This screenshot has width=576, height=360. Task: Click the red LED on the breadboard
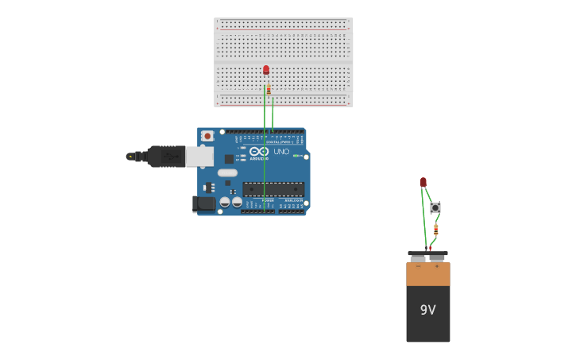pyautogui.click(x=266, y=70)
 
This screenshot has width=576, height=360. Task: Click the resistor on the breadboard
pyautogui.click(x=269, y=90)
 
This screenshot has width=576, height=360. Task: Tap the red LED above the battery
pyautogui.click(x=423, y=182)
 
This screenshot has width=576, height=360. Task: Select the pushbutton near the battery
pyautogui.click(x=435, y=207)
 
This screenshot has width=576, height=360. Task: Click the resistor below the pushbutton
pyautogui.click(x=435, y=229)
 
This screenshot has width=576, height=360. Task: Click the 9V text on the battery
pyautogui.click(x=427, y=310)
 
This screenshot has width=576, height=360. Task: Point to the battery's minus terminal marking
pyautogui.click(x=419, y=267)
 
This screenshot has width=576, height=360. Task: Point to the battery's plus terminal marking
pyautogui.click(x=436, y=267)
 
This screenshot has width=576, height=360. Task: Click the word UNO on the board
pyautogui.click(x=281, y=151)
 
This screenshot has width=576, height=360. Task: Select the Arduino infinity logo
pyautogui.click(x=259, y=151)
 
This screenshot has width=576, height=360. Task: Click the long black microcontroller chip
pyautogui.click(x=273, y=189)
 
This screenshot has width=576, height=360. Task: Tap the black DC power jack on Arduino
pyautogui.click(x=204, y=204)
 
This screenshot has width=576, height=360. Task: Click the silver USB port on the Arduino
pyautogui.click(x=199, y=157)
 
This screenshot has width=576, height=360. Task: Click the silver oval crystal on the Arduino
pyautogui.click(x=227, y=172)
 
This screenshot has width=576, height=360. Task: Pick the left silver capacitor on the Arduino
pyautogui.click(x=225, y=202)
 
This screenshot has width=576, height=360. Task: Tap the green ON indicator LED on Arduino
pyautogui.click(x=296, y=156)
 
